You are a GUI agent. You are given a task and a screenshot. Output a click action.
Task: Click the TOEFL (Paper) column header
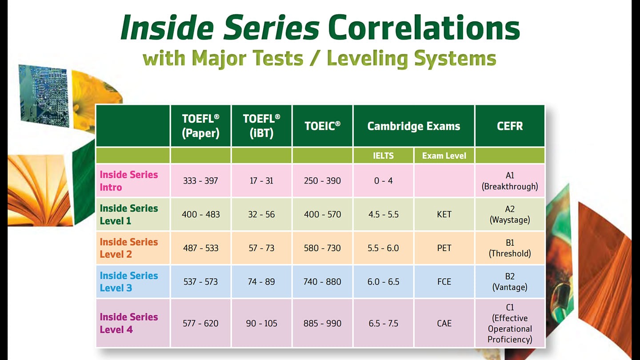pos(200,126)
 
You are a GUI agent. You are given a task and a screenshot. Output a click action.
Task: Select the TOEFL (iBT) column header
pos(261,126)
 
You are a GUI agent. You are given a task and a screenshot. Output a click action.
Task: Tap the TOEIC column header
pos(322,126)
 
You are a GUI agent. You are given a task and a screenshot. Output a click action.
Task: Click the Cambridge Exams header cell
pos(413,126)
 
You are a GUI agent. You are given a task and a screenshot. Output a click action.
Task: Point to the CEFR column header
pos(510,126)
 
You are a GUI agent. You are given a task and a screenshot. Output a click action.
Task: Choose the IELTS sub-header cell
pos(383,156)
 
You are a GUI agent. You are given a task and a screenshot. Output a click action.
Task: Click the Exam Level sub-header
pos(444,156)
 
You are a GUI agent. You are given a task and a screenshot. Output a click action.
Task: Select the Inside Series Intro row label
pos(129,180)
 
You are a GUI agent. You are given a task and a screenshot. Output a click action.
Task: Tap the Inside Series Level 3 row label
pos(129,281)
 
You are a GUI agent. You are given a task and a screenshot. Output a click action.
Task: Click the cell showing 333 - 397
pos(200,181)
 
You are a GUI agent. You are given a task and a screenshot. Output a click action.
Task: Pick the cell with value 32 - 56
pos(261,214)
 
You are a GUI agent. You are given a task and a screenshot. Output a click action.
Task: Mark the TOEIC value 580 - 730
pos(322,248)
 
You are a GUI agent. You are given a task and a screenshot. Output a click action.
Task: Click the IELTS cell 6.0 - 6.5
pos(383,282)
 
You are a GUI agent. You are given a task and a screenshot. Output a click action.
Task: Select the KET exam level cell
pos(444,214)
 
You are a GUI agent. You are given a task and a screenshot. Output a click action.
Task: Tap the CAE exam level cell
pos(444,323)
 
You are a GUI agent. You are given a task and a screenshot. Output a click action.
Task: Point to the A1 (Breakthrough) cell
pos(510,181)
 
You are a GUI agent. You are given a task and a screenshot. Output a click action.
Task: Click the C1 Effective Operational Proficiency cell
pos(510,323)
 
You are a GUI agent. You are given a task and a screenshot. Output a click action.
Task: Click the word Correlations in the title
pos(424,28)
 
